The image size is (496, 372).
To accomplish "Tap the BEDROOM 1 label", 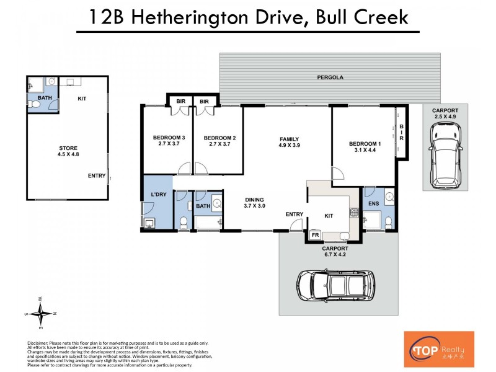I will pyautogui.click(x=365, y=144).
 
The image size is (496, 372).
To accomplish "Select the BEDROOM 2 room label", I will pyautogui.click(x=219, y=138).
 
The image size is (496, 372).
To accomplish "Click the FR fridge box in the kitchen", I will pyautogui.click(x=314, y=236).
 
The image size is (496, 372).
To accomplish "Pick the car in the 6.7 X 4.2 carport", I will pyautogui.click(x=335, y=285).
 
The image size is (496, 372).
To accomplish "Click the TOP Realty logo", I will pyautogui.click(x=438, y=349).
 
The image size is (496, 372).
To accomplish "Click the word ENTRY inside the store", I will pyautogui.click(x=96, y=176).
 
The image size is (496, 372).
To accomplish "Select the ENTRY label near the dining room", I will pyautogui.click(x=294, y=215).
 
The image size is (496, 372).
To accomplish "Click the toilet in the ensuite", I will pyautogui.click(x=389, y=221).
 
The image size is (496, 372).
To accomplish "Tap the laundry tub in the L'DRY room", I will pyautogui.click(x=150, y=223).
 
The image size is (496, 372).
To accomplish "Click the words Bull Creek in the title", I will pyautogui.click(x=362, y=17).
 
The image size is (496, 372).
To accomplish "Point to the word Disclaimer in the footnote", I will pyautogui.click(x=41, y=343).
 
